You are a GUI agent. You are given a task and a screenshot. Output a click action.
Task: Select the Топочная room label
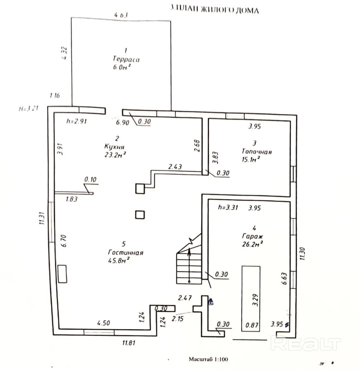point(257,152)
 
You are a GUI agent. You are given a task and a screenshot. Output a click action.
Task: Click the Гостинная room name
point(126,253)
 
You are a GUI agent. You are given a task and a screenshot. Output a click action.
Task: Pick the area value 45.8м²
point(118,261)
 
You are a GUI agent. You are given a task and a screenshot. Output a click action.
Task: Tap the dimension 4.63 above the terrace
point(121,15)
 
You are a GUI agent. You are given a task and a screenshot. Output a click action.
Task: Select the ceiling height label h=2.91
point(76,121)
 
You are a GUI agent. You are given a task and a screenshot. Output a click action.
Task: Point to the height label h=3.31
point(228,207)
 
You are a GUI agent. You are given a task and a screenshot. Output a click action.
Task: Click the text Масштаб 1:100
point(208,359)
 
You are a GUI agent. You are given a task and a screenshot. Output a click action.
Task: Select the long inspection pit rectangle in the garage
point(251,298)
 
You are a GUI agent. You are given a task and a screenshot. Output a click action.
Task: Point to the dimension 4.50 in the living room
point(103,323)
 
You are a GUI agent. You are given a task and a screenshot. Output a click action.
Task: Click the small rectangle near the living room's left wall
point(62,274)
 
